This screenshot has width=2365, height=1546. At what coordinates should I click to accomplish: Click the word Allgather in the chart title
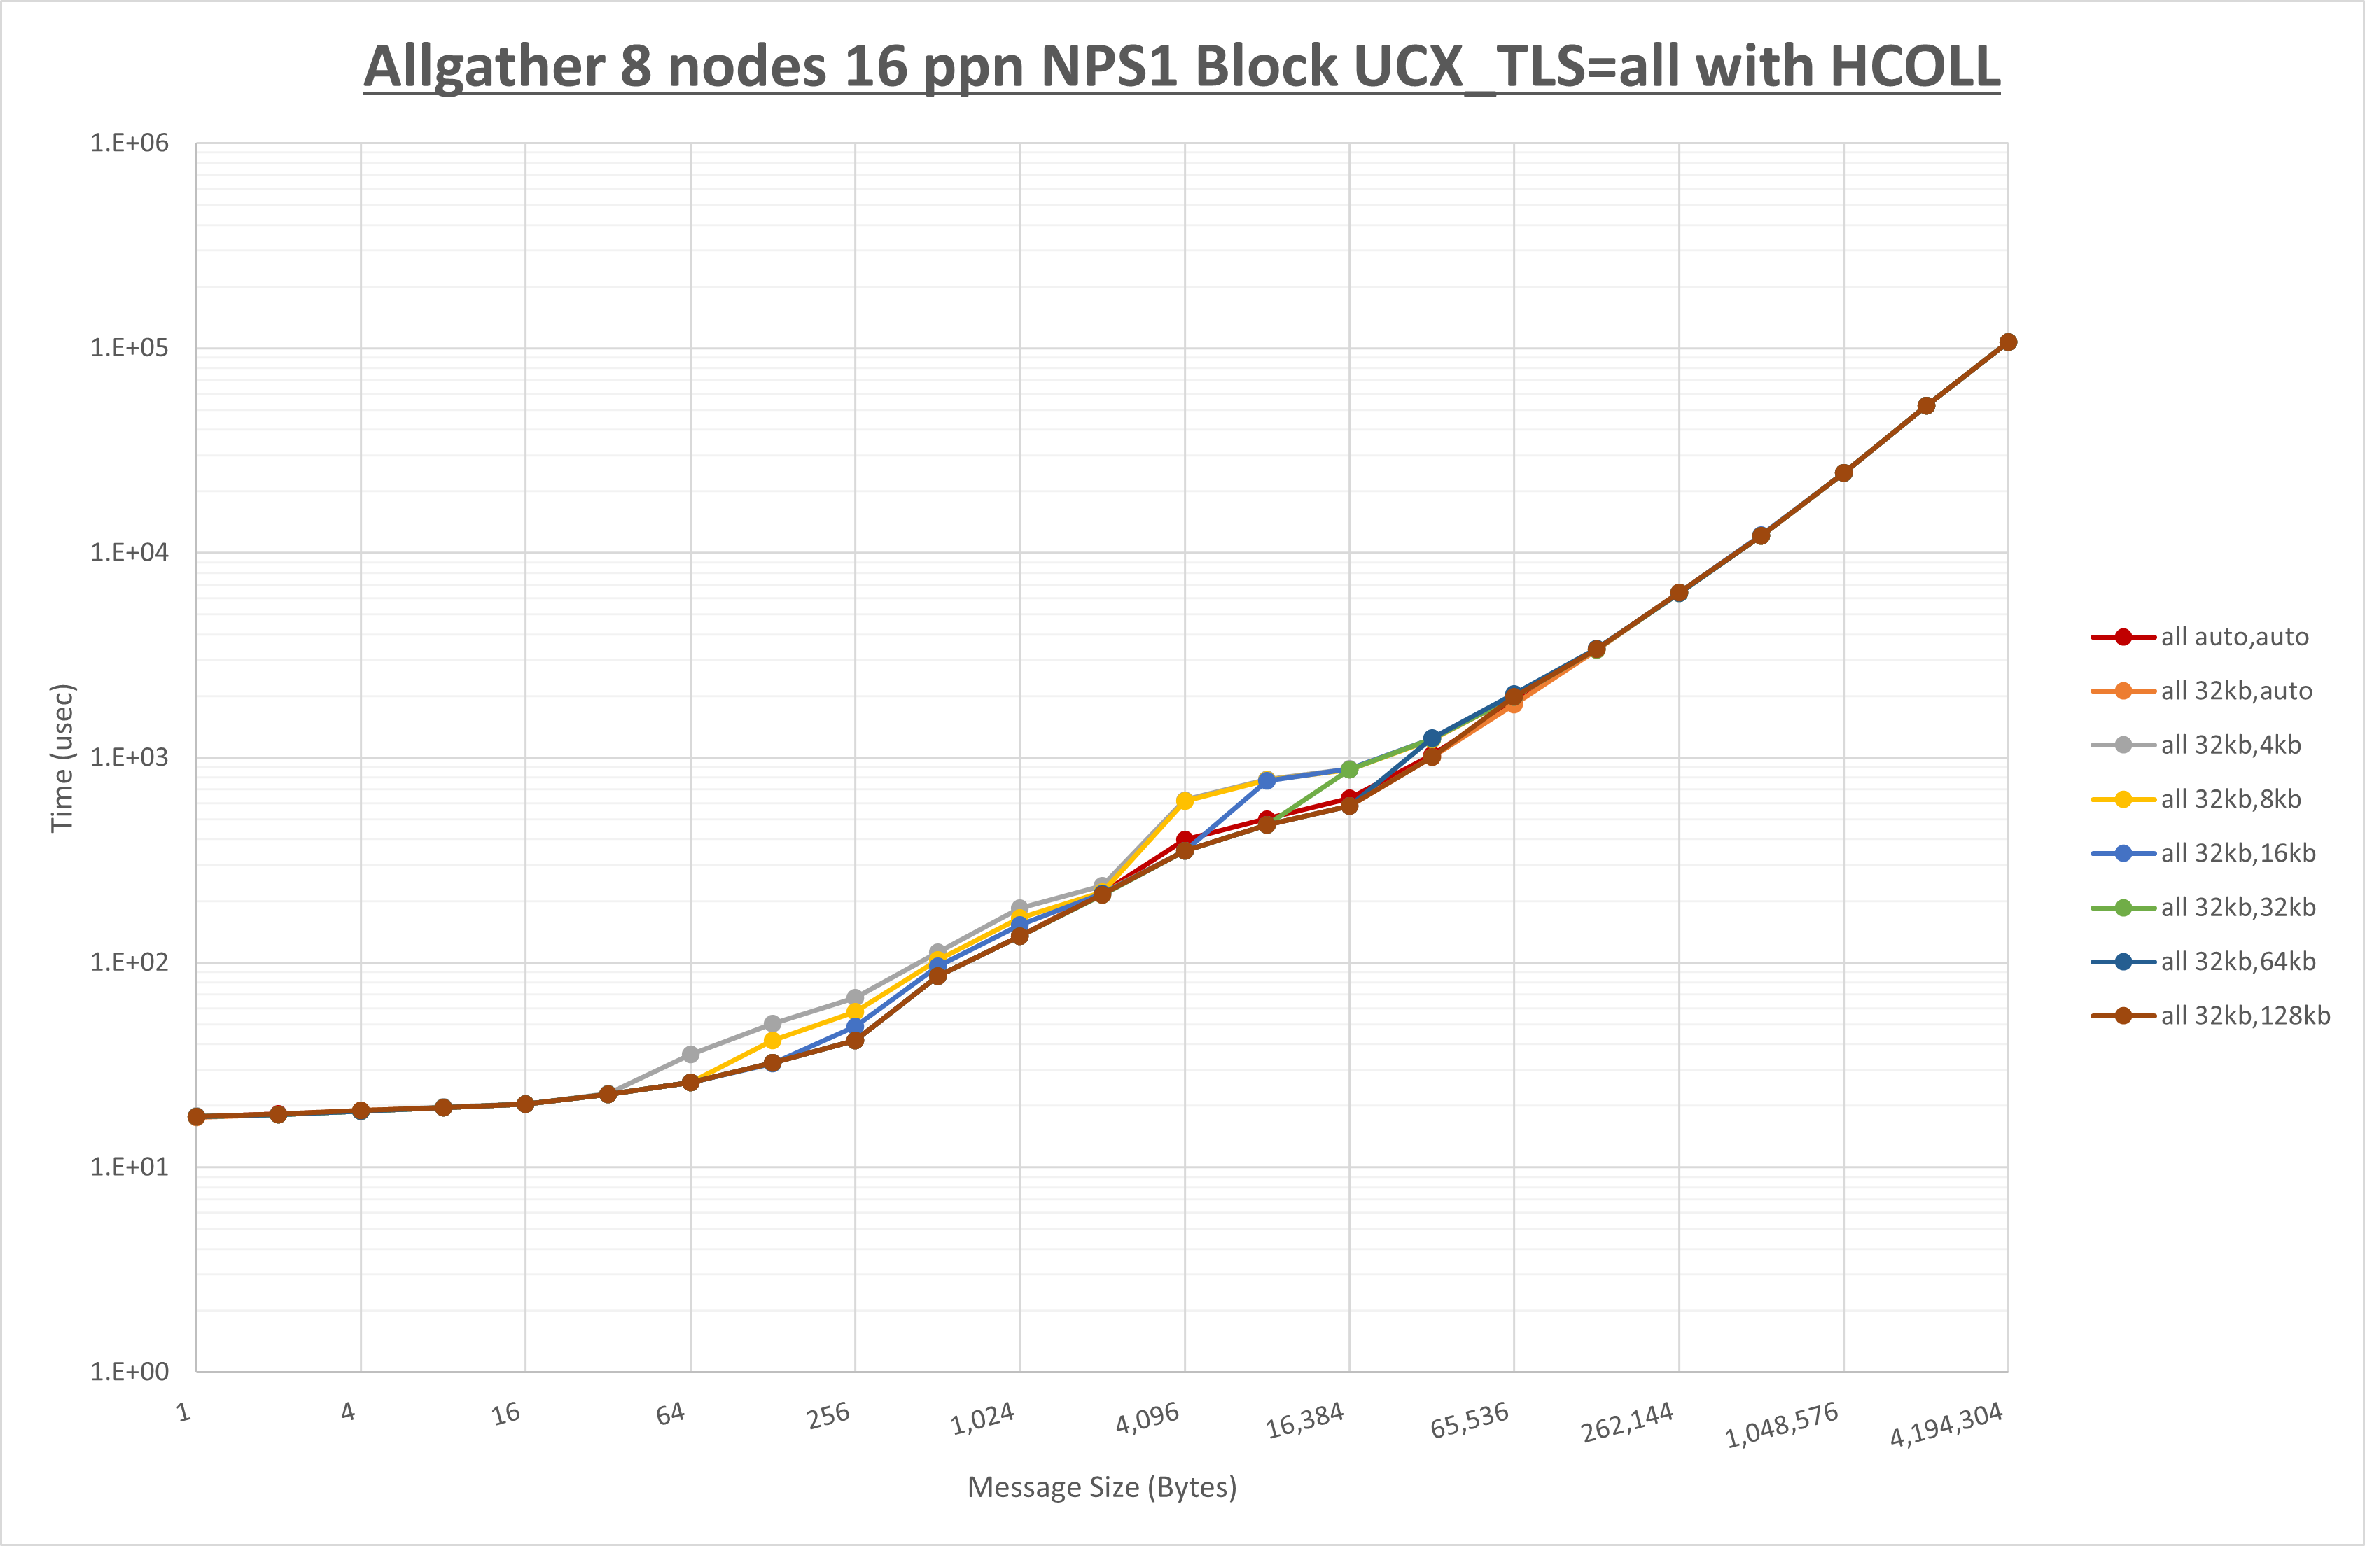483,68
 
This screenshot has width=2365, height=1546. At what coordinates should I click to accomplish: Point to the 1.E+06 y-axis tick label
130,143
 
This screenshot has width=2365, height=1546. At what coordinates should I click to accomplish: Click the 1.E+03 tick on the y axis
130,757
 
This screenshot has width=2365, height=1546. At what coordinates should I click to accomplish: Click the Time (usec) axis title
62,757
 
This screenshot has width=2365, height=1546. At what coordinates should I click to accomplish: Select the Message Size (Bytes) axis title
1102,1487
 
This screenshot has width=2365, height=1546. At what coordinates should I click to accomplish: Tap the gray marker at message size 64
690,1054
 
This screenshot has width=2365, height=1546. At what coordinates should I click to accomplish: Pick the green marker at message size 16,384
1349,769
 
